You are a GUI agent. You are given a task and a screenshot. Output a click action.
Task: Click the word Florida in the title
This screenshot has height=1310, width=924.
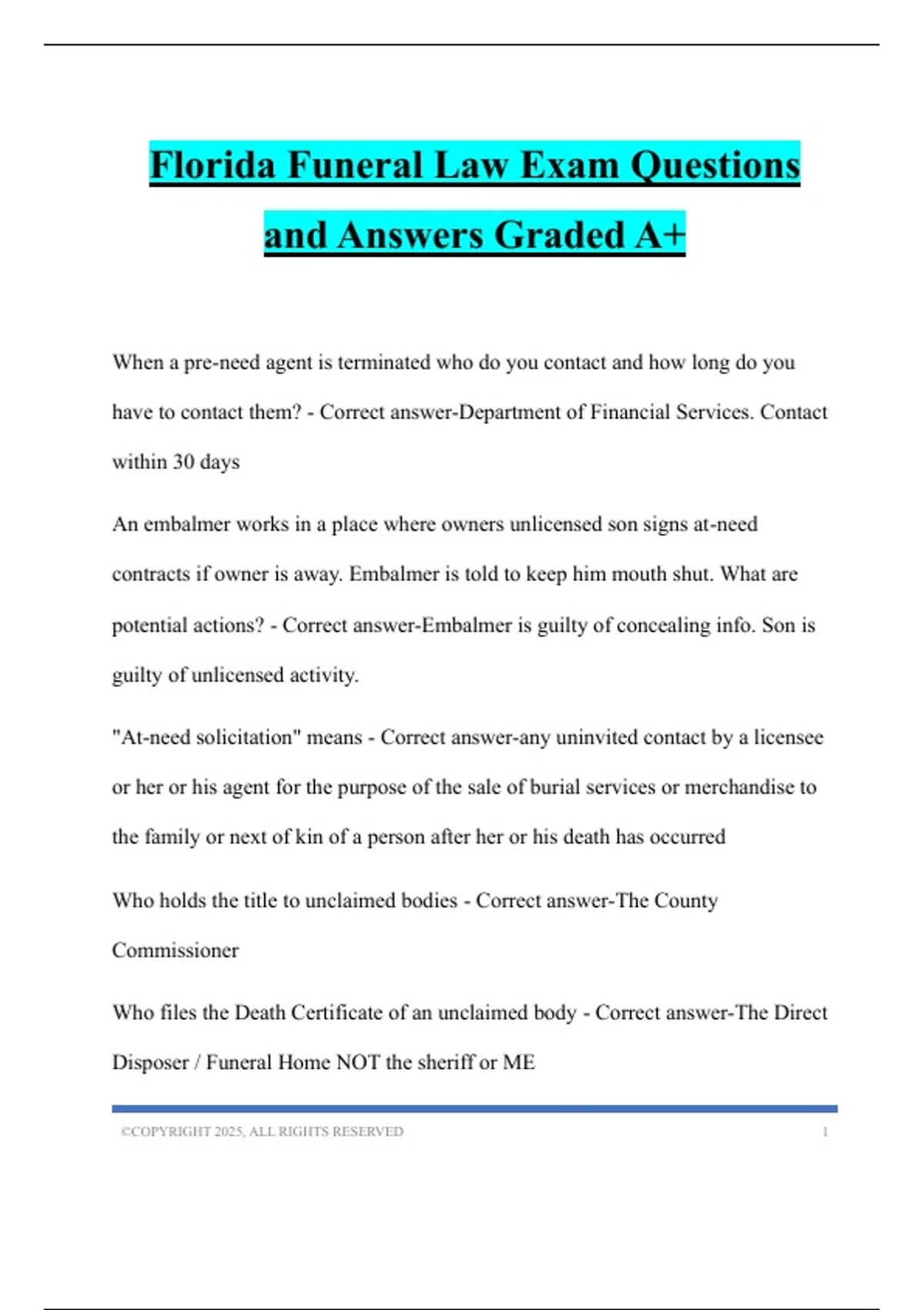pyautogui.click(x=213, y=165)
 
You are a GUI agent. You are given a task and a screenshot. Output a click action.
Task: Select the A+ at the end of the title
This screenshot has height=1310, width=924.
pyautogui.click(x=660, y=235)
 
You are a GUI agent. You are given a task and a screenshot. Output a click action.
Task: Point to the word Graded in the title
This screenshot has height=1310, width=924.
pyautogui.click(x=558, y=235)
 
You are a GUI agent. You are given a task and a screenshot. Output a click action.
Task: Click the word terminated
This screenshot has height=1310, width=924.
pyautogui.click(x=383, y=362)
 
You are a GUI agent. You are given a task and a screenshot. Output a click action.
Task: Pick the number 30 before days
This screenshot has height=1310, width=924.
pyautogui.click(x=183, y=462)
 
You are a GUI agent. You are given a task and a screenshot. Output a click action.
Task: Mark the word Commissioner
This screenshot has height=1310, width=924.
pyautogui.click(x=176, y=950)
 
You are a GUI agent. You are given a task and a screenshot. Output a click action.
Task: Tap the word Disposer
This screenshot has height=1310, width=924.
pyautogui.click(x=150, y=1063)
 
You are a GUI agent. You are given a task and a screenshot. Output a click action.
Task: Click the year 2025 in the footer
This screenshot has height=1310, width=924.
pyautogui.click(x=229, y=1132)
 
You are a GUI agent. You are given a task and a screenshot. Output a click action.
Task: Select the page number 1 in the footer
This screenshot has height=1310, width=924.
pyautogui.click(x=825, y=1132)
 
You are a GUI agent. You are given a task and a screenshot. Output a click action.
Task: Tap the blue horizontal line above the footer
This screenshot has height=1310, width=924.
pyautogui.click(x=474, y=1109)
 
